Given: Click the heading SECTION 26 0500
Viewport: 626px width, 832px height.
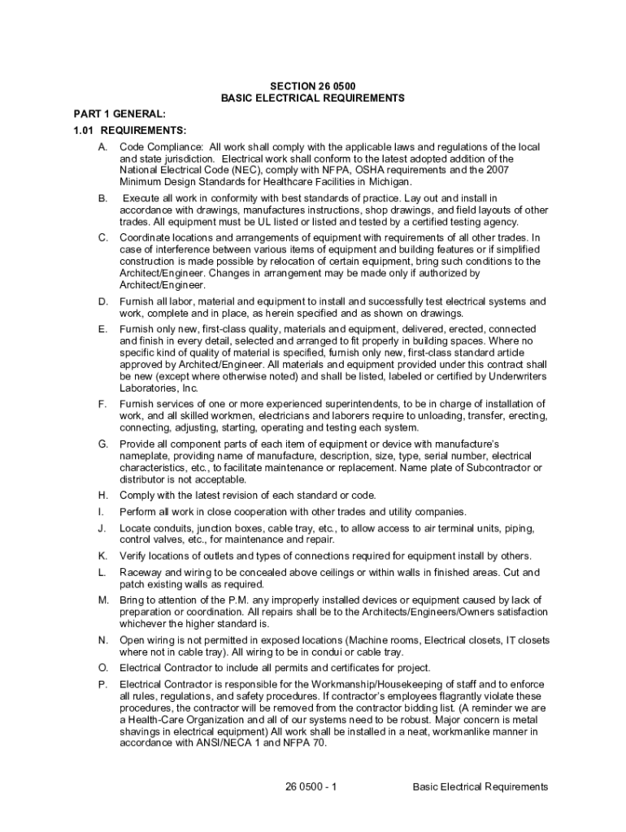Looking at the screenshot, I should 312,85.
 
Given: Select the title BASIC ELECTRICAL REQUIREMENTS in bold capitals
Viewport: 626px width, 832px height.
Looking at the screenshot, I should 312,97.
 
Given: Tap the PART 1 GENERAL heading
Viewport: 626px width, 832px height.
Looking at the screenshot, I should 108,115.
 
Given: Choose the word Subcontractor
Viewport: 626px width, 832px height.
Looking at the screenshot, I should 489,468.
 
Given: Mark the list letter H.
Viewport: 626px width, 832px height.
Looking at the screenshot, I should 102,495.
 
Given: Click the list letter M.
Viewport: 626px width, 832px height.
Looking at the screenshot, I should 103,600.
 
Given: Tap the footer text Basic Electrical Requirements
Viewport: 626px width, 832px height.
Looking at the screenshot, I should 480,786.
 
